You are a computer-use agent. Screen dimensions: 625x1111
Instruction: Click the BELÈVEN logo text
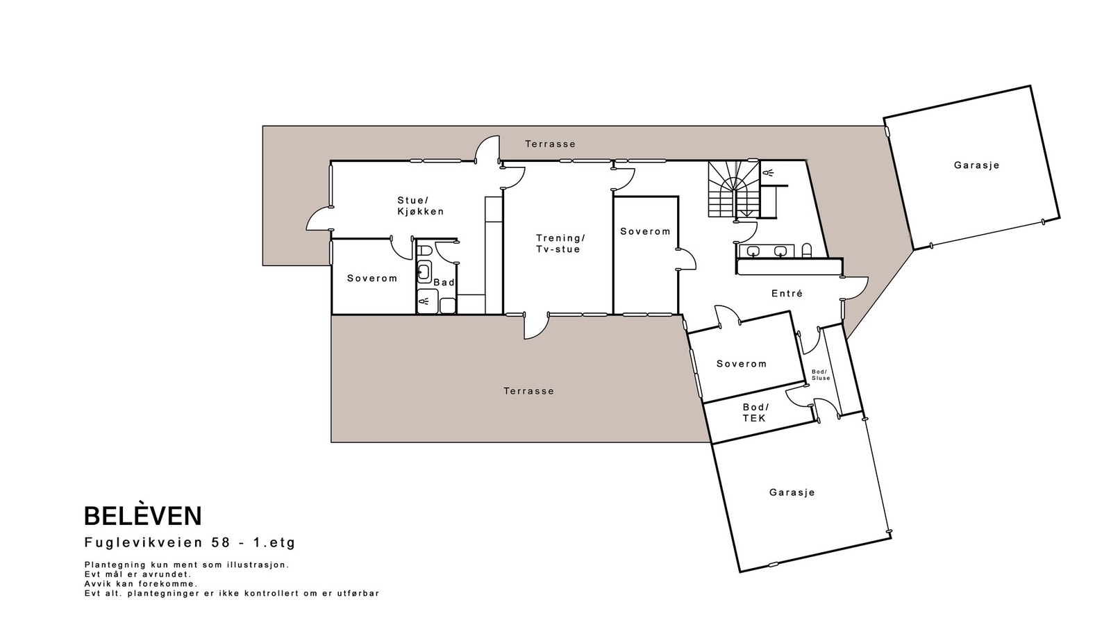(x=143, y=516)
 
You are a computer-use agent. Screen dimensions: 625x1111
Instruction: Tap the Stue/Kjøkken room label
(x=420, y=206)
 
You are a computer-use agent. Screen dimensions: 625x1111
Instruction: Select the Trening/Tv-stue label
(x=560, y=243)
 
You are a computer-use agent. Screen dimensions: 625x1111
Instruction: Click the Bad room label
(x=444, y=282)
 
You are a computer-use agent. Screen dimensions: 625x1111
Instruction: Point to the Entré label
(x=787, y=294)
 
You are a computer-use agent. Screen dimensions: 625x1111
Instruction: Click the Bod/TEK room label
(x=755, y=412)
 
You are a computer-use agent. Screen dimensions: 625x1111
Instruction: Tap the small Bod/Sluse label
(x=821, y=375)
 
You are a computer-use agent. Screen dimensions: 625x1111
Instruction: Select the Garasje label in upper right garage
(x=976, y=165)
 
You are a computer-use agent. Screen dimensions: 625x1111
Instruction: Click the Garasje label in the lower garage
(x=792, y=492)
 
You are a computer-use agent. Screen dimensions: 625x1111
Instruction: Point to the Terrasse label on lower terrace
(x=528, y=391)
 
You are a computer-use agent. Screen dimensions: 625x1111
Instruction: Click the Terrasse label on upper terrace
(x=550, y=144)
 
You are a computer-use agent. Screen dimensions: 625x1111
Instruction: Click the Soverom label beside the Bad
(x=372, y=278)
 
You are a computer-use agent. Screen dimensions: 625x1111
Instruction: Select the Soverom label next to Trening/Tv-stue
(x=645, y=231)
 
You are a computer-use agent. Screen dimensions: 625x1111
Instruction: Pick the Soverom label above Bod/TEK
(x=741, y=364)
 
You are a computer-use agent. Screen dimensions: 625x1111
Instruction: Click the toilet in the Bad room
(x=425, y=250)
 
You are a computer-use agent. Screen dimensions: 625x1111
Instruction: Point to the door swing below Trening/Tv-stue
(x=534, y=327)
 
